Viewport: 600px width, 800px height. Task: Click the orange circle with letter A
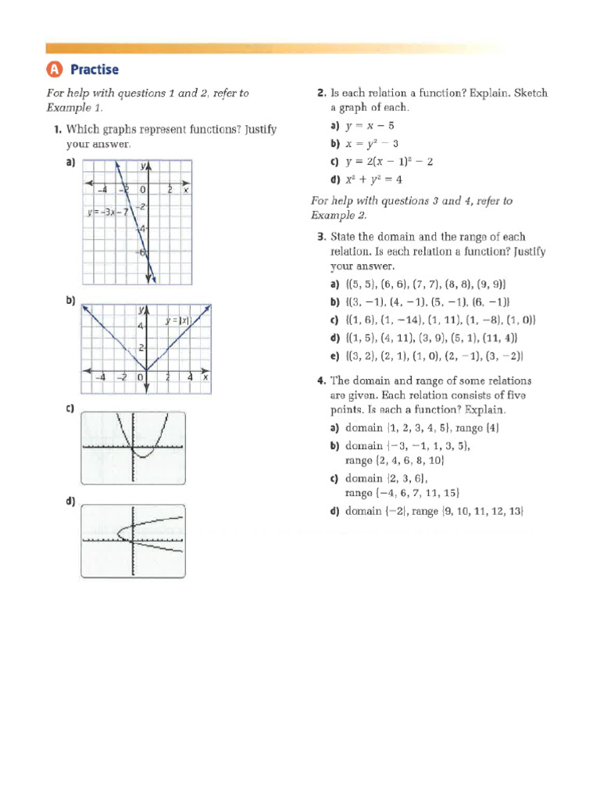pos(54,70)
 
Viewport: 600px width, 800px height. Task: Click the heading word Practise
pos(95,70)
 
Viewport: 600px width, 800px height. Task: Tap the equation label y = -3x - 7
pos(105,212)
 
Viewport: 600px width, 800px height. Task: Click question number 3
pos(321,237)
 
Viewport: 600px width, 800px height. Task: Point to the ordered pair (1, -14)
pos(406,320)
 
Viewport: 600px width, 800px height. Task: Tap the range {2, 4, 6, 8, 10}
pos(400,461)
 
